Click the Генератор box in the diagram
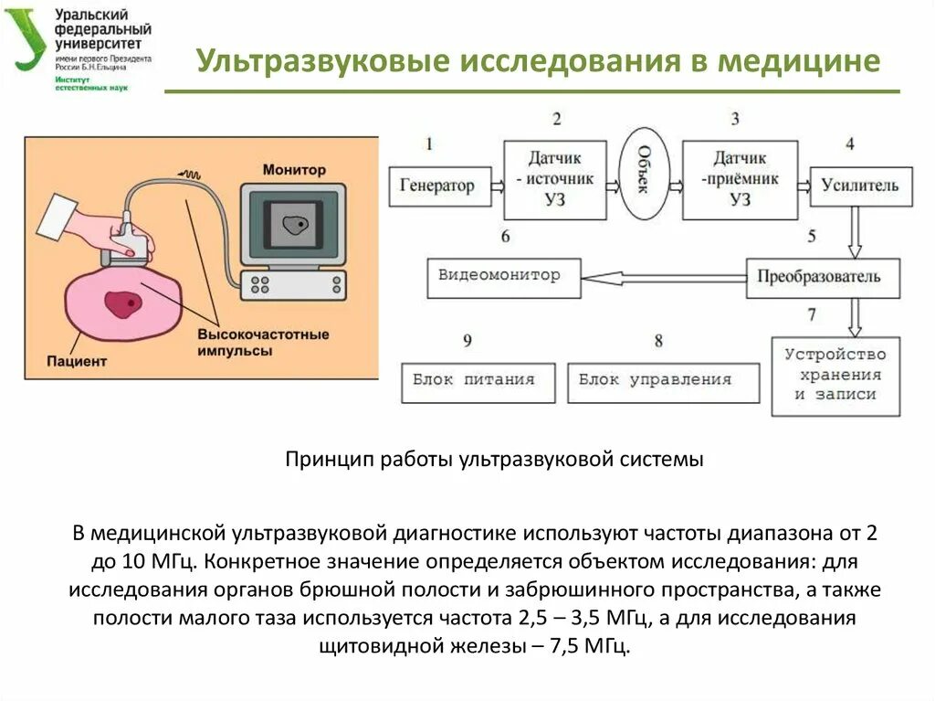point(437,186)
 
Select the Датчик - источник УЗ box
point(554,179)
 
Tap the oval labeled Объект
point(644,174)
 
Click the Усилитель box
point(859,186)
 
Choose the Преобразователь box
point(823,276)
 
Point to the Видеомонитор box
point(503,276)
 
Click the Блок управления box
point(662,381)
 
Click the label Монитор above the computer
point(293,170)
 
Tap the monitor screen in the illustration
point(293,225)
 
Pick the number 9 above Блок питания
point(467,341)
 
